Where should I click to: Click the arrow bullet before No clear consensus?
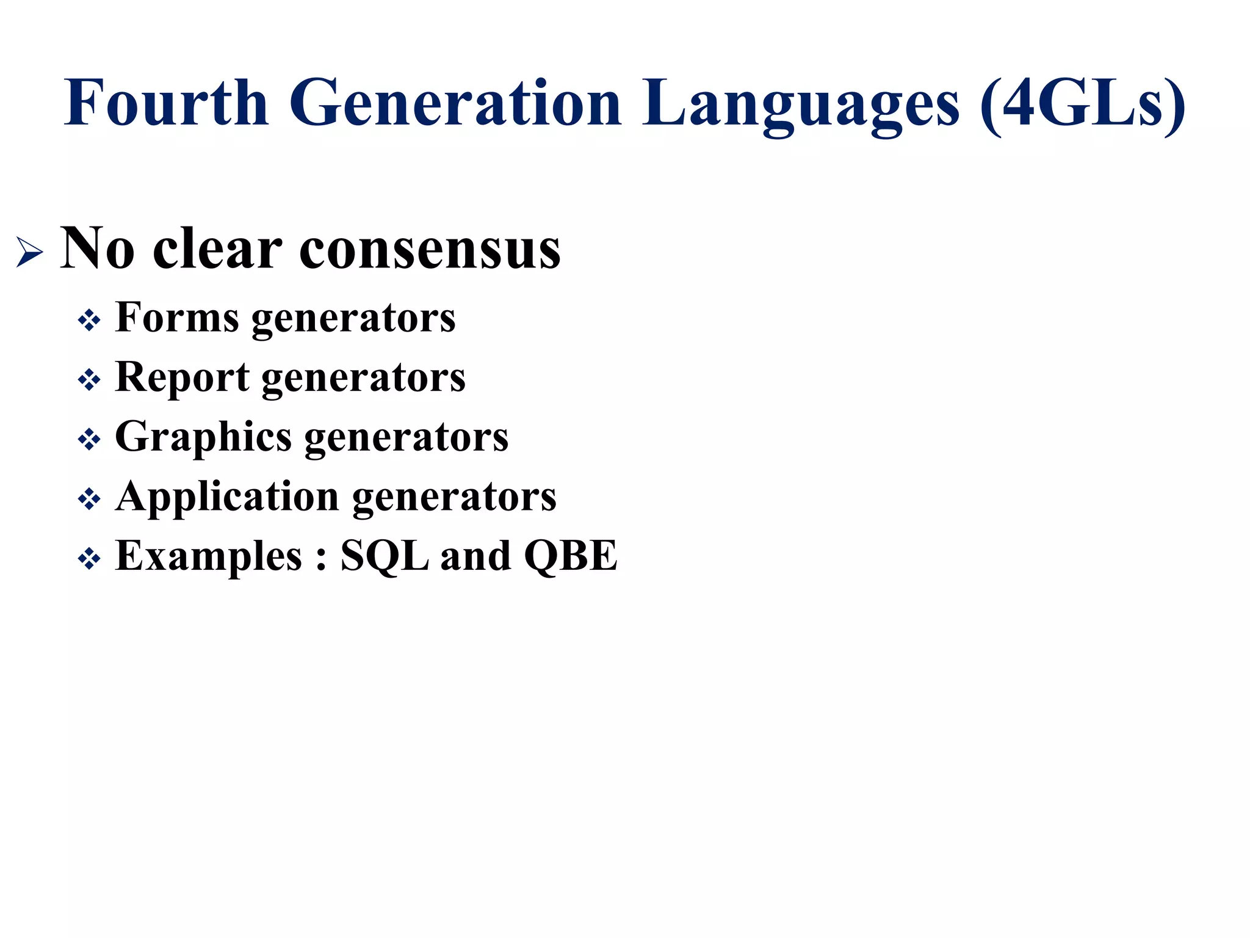[x=29, y=252]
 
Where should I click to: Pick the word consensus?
[x=430, y=249]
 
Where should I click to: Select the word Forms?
[x=177, y=318]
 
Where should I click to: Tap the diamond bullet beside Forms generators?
[x=89, y=320]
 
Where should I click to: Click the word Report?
[x=182, y=377]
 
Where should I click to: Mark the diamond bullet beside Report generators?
[x=89, y=380]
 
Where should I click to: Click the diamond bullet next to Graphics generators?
[x=89, y=439]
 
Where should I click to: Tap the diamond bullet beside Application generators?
[x=89, y=499]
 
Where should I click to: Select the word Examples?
[x=208, y=556]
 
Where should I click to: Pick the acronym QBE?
[x=571, y=556]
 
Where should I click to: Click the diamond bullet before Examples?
[x=89, y=558]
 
